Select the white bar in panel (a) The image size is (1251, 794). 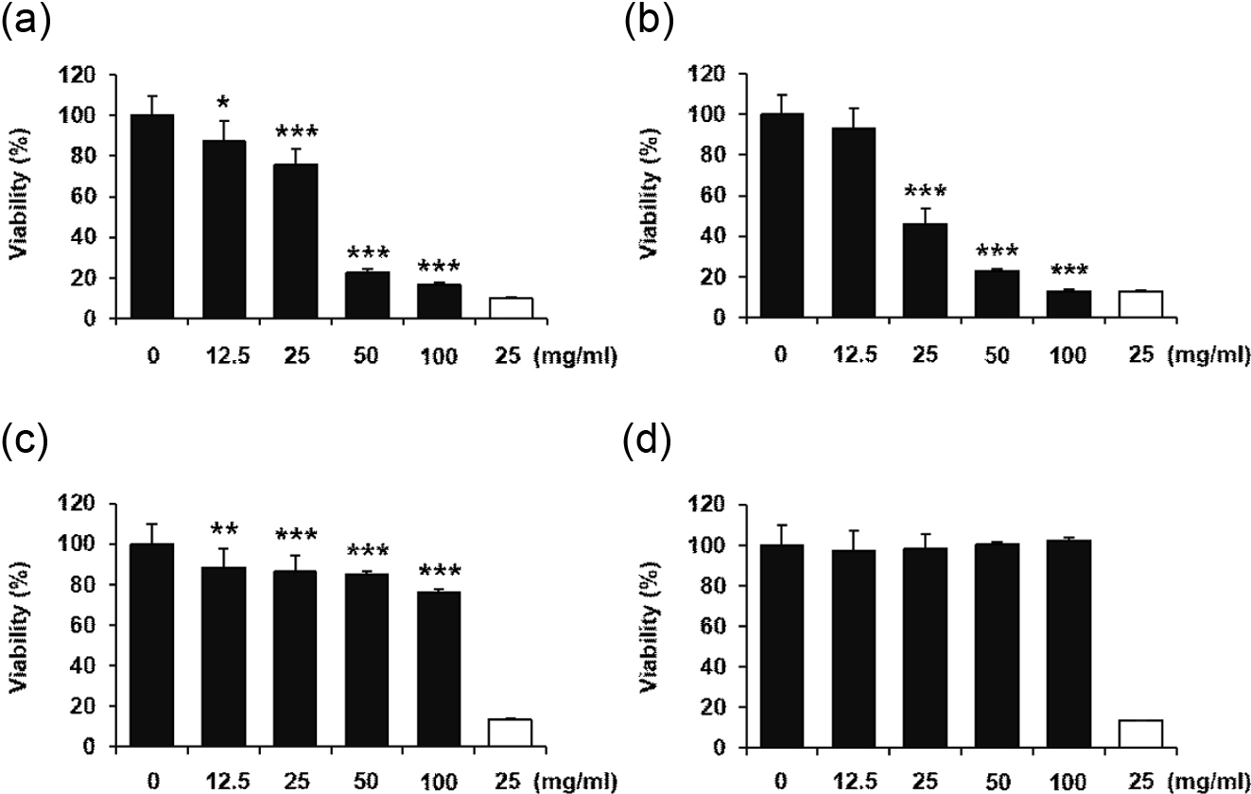coord(511,308)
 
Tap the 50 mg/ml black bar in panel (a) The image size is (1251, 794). coord(366,295)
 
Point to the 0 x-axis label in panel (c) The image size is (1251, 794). coord(152,783)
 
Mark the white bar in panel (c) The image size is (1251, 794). coord(511,733)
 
